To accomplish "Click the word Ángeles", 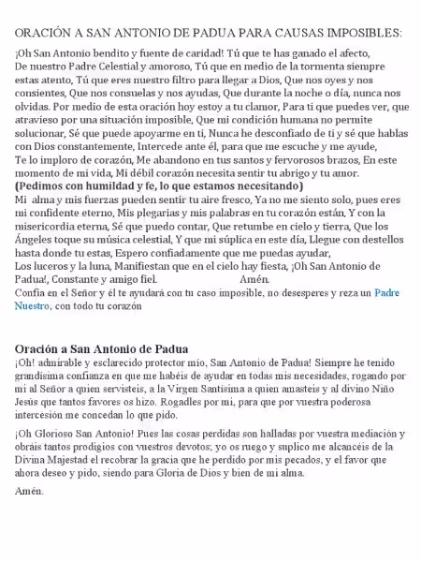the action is [x=37, y=252].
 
